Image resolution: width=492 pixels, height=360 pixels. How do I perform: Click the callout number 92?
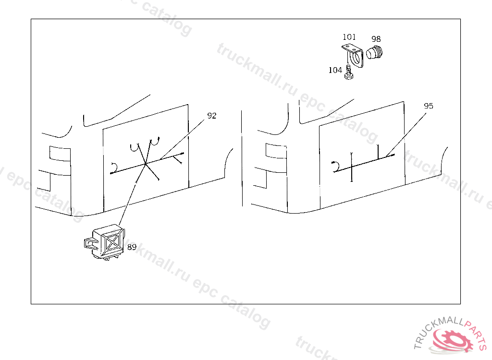[212, 116]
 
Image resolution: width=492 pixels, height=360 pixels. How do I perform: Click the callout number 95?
[428, 106]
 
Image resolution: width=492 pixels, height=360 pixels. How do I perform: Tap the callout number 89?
[132, 247]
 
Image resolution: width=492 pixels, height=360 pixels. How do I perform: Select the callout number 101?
[349, 37]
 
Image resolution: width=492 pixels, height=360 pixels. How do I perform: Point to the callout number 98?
[376, 39]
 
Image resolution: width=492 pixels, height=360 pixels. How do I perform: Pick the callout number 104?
[335, 70]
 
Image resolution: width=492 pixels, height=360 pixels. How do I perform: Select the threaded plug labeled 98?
[374, 52]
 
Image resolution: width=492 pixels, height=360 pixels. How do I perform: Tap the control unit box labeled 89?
[105, 242]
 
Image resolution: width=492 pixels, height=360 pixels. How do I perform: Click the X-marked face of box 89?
[112, 241]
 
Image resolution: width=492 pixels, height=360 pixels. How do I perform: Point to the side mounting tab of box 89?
[89, 243]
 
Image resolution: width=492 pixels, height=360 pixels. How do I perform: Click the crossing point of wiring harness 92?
[145, 164]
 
